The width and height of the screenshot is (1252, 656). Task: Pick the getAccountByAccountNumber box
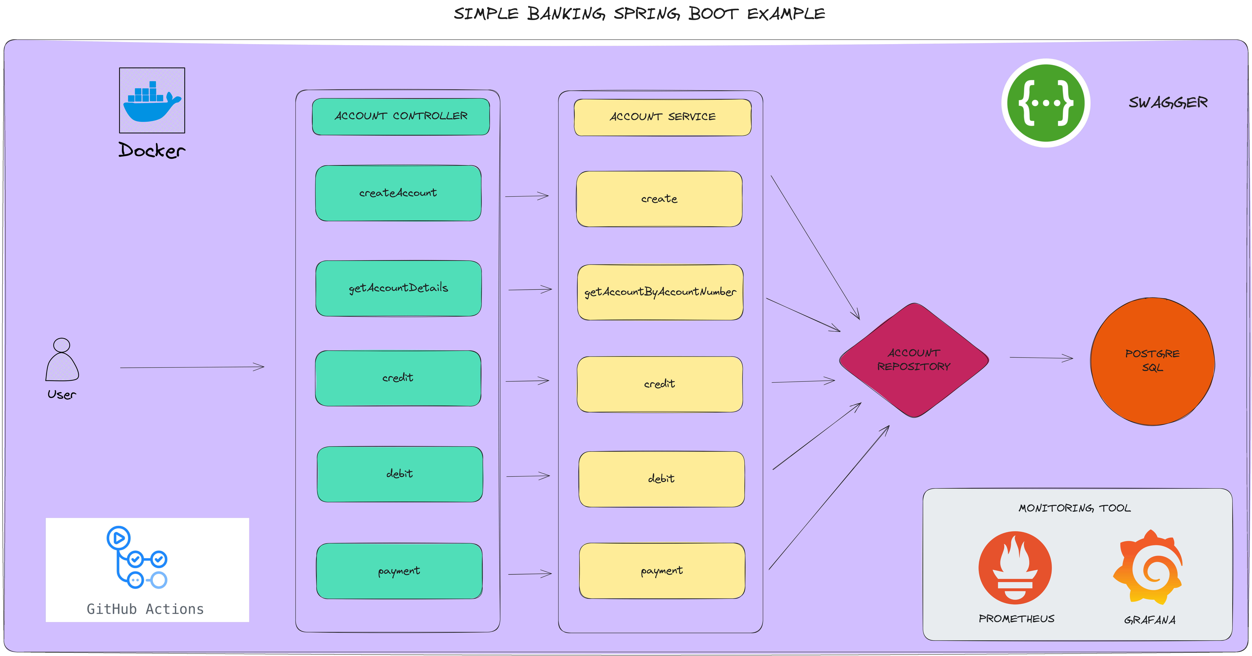[x=660, y=292]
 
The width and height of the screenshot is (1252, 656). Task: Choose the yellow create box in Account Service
[x=659, y=199]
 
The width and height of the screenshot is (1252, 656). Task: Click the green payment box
[x=399, y=571]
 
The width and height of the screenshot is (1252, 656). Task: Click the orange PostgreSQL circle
[x=1152, y=361]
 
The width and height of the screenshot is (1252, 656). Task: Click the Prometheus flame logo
[x=1015, y=568]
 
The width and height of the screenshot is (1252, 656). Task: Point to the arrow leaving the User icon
[x=192, y=367]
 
